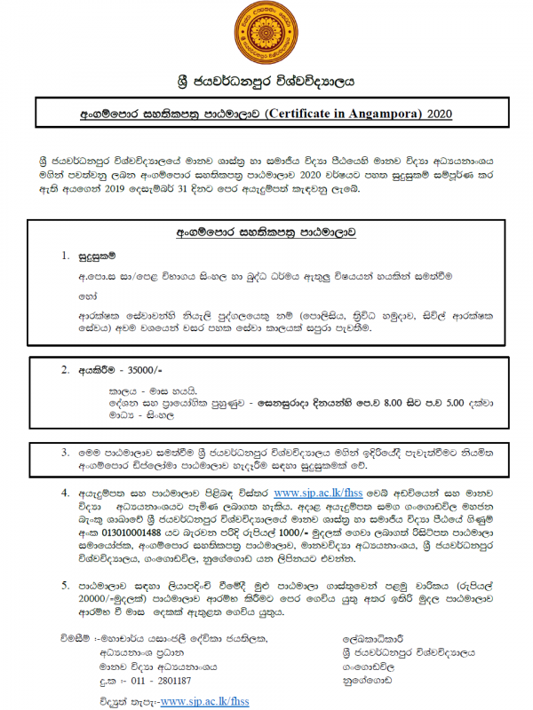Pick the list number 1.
[65, 256]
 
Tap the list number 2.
[65, 369]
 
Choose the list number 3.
[65, 453]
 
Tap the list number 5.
[65, 586]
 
